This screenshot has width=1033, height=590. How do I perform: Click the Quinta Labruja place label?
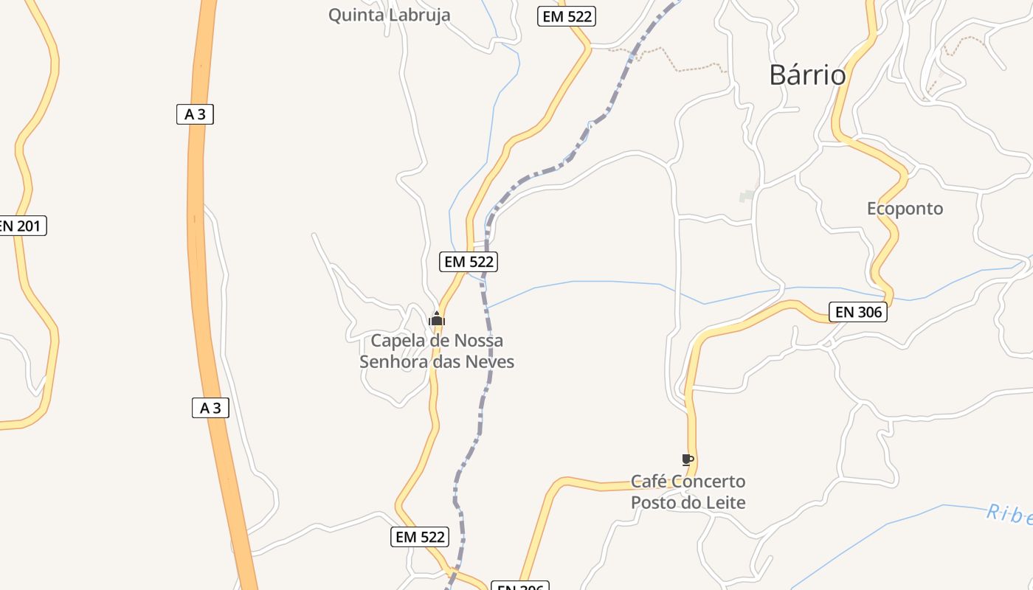tap(389, 15)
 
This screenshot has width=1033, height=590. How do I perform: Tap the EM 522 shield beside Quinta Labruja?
tap(567, 16)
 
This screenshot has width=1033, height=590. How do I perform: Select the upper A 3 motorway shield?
tap(195, 114)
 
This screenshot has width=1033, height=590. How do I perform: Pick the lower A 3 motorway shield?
tap(210, 408)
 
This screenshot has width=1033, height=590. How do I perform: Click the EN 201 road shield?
tap(21, 226)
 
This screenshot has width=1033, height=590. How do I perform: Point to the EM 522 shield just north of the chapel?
tap(469, 261)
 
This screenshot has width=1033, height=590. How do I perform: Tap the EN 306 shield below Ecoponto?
tap(857, 312)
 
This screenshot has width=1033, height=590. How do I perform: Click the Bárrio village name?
tap(807, 75)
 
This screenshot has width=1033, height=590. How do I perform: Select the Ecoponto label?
tap(905, 209)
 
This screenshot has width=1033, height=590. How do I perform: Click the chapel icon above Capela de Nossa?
tap(437, 319)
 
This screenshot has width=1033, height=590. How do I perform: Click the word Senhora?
tap(389, 362)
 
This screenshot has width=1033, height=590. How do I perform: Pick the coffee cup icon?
tap(688, 460)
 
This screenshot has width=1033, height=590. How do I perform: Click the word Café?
tap(646, 482)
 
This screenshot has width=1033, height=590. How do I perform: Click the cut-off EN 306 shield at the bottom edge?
tap(519, 587)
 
